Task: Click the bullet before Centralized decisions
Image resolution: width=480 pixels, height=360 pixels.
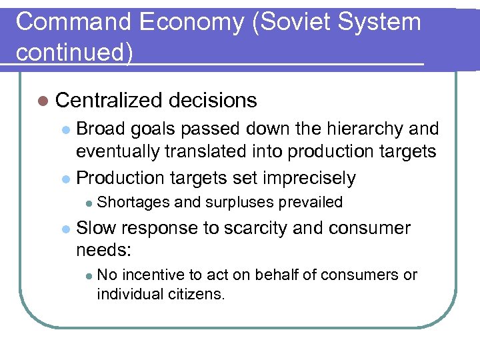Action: point(43,101)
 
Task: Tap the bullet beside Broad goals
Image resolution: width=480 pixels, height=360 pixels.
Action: point(65,129)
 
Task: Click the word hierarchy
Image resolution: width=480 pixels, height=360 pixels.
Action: point(361,129)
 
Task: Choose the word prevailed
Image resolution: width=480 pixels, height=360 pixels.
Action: point(311,202)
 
